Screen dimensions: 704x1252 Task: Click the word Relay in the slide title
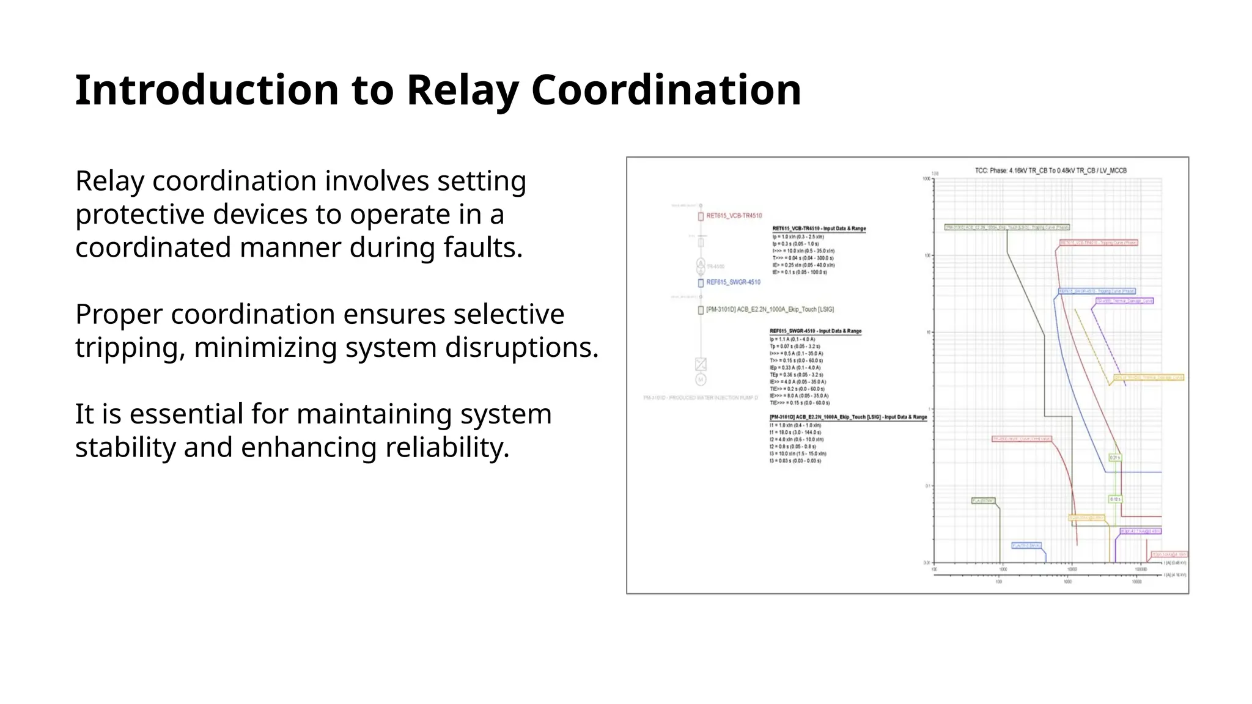coord(463,90)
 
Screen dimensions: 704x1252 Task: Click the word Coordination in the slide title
coord(666,90)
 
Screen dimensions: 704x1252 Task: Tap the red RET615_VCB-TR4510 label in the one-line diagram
coord(734,216)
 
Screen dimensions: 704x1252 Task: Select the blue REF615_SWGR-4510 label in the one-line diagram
coord(733,282)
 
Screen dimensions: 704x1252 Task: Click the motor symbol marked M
coord(701,380)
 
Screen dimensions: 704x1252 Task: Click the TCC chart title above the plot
coord(1050,170)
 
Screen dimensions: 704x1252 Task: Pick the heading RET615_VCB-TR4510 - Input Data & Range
coord(819,229)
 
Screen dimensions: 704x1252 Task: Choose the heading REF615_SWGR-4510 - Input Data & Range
coord(816,331)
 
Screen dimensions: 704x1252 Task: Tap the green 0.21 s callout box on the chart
coord(1115,458)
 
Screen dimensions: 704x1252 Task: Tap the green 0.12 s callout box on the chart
coord(1115,499)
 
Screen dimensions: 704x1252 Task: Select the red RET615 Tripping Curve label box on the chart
coord(1099,243)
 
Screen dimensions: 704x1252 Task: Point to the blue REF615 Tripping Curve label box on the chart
coord(1097,291)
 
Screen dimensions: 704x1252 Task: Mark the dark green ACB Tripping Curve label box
coord(1007,227)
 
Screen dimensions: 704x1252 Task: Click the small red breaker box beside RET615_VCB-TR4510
coord(701,216)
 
